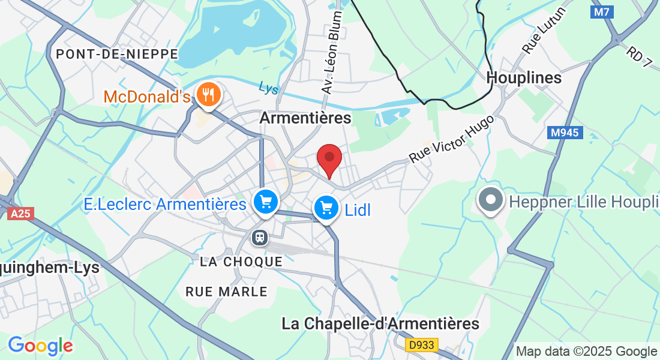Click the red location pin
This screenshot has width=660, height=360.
(x=329, y=158)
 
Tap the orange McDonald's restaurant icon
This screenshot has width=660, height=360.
(x=209, y=95)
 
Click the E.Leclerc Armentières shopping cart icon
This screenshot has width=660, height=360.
(x=265, y=202)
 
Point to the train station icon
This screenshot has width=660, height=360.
(x=260, y=237)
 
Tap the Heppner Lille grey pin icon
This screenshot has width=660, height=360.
(x=490, y=200)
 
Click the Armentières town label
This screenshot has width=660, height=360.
(x=305, y=118)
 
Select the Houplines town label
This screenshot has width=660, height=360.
(x=524, y=77)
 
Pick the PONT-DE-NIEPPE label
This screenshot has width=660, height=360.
(x=116, y=54)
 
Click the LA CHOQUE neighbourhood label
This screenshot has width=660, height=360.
(x=241, y=262)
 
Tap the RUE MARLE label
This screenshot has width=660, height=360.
(x=226, y=292)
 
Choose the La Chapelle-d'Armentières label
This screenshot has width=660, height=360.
(x=380, y=324)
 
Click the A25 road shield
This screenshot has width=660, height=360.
(x=21, y=213)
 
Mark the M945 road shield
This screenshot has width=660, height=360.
(x=565, y=133)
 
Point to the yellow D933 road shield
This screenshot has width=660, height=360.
(x=422, y=345)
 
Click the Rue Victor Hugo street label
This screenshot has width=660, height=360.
(x=452, y=139)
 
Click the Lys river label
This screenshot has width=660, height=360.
(x=269, y=88)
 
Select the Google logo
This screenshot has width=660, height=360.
(x=40, y=346)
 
